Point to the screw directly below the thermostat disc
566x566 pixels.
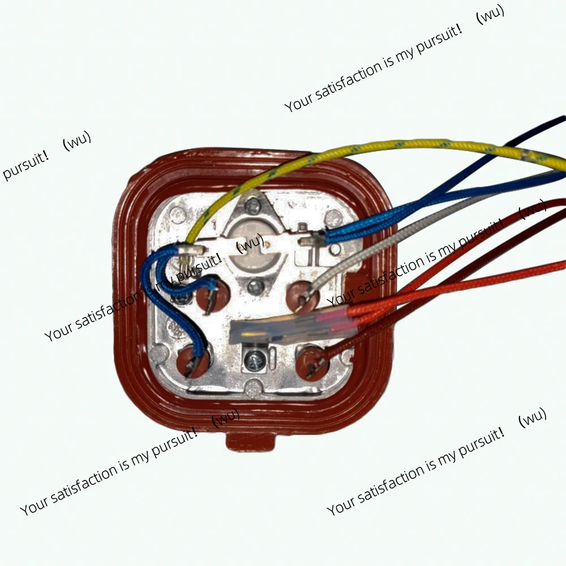[x=256, y=288]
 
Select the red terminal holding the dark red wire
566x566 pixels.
[x=312, y=362]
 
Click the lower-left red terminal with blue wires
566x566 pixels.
[x=193, y=361]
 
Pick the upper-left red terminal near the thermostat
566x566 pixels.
[x=213, y=294]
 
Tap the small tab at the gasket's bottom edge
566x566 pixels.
[x=250, y=441]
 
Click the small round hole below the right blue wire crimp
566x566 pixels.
[x=335, y=249]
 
